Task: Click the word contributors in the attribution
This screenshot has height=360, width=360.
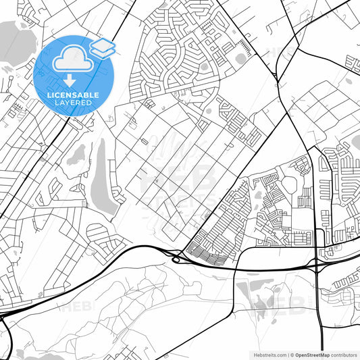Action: (344, 354)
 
